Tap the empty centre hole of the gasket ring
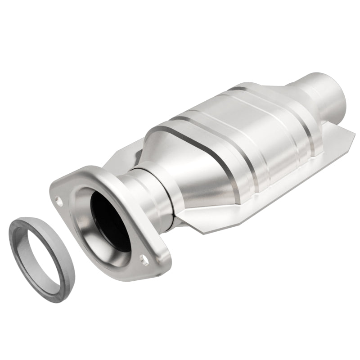point(41,255)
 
